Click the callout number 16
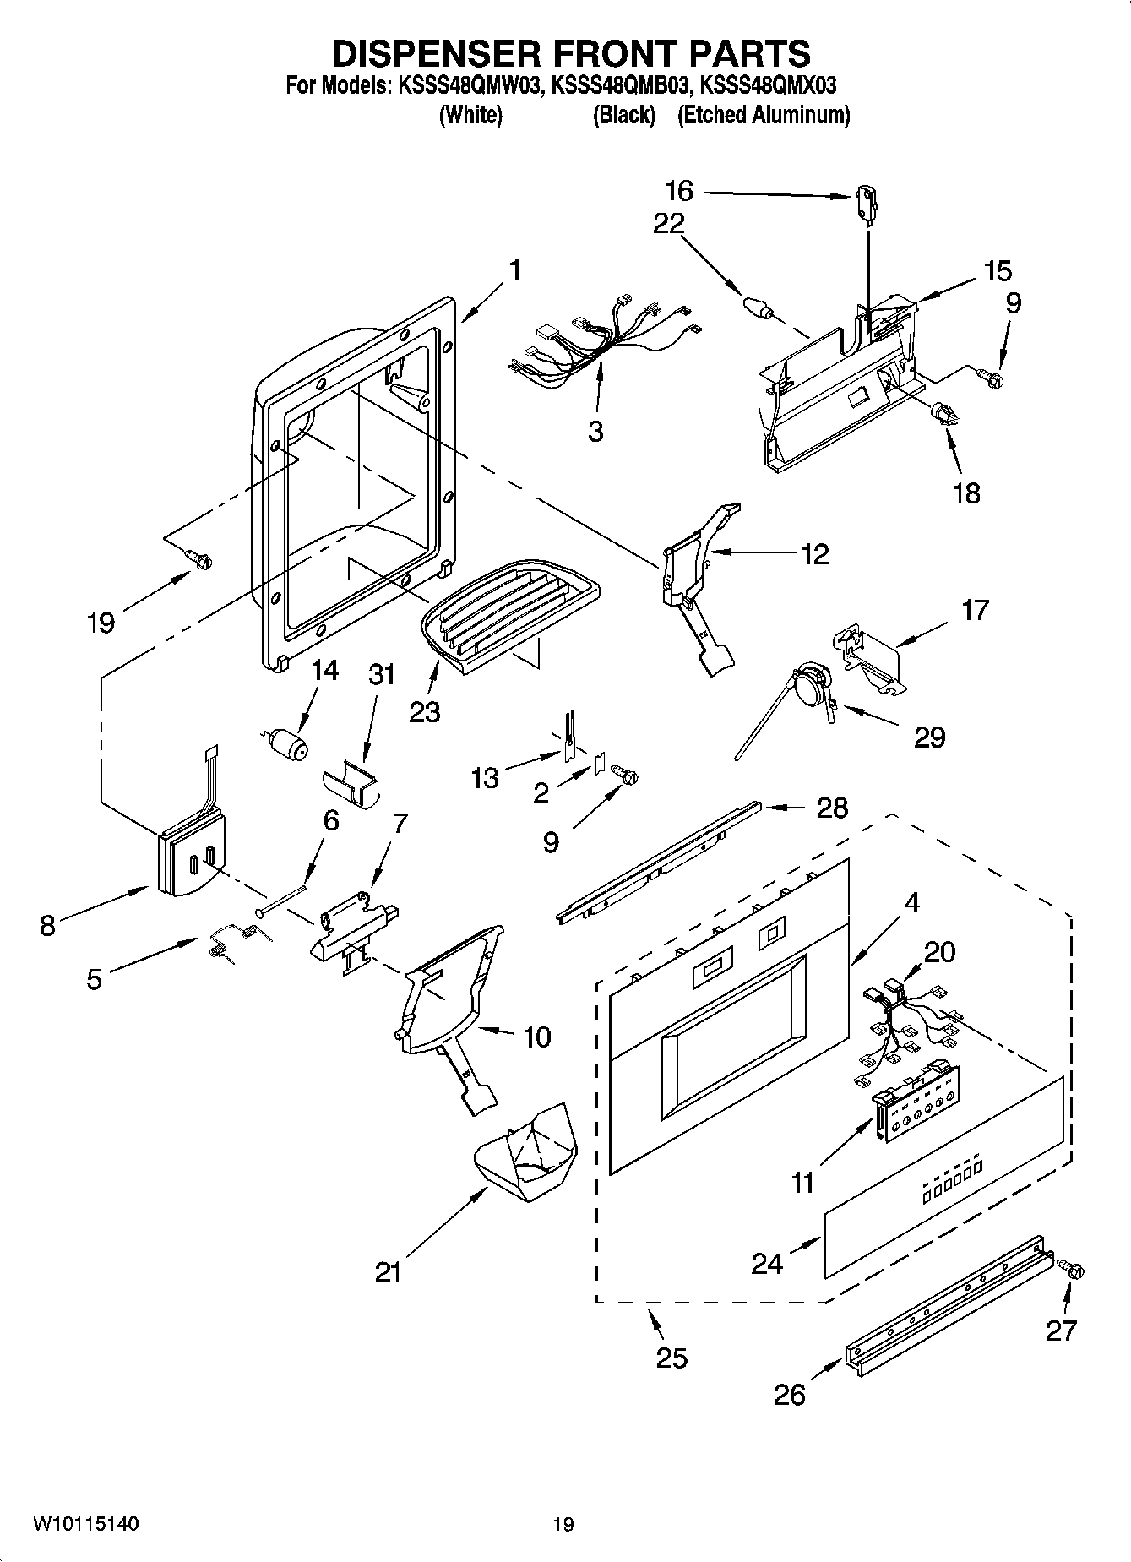coord(679,191)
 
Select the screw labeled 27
coord(1074,1270)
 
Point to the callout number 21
coord(388,1272)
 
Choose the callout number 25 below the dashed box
coord(672,1358)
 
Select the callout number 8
coord(47,926)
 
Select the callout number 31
coord(382,675)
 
